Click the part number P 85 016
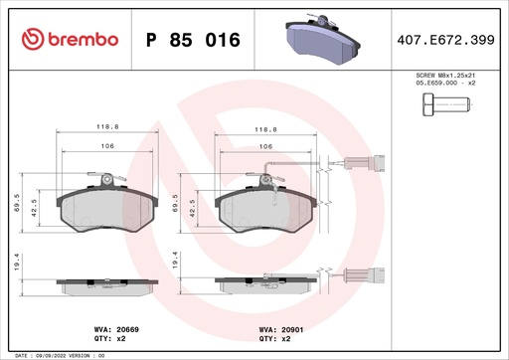192,41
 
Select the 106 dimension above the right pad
265,146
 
